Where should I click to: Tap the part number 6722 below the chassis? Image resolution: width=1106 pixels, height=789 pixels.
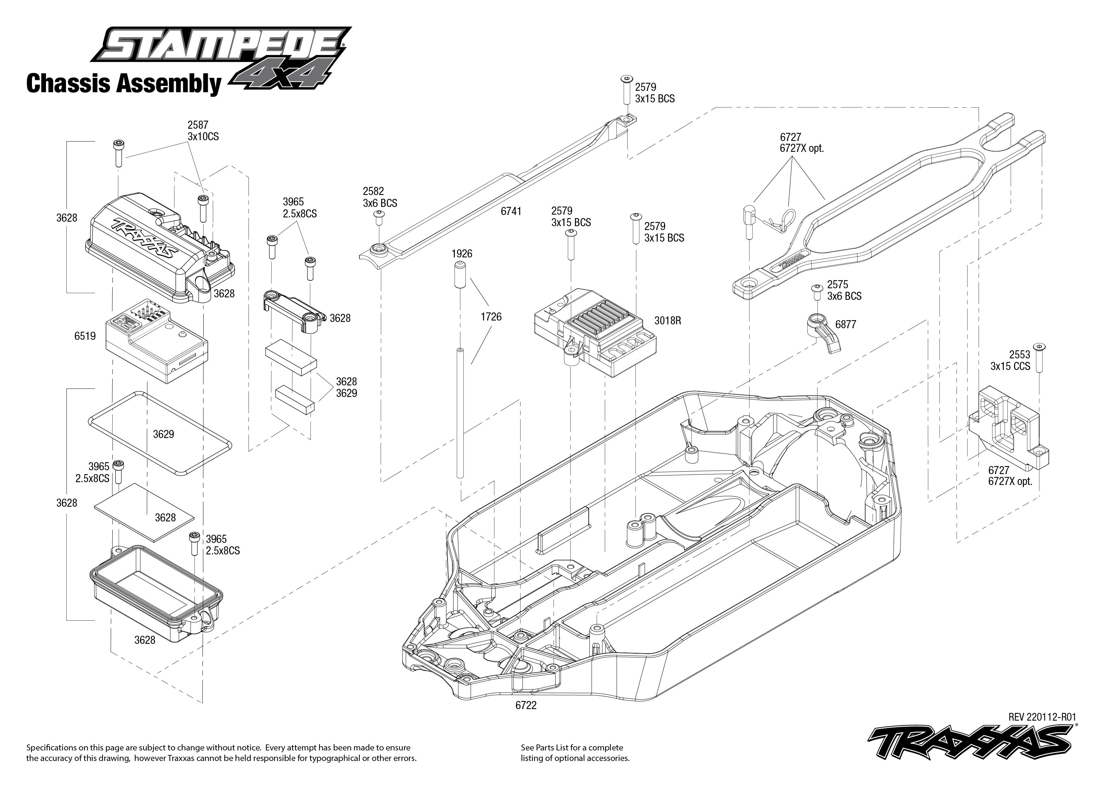(526, 705)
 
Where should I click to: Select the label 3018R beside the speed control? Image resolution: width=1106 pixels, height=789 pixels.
(668, 321)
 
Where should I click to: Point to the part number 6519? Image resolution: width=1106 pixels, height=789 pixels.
(85, 336)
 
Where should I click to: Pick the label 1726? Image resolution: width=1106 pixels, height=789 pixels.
(491, 317)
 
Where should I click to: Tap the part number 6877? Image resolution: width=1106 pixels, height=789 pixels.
(846, 324)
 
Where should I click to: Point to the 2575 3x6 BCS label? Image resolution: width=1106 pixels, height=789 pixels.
(844, 290)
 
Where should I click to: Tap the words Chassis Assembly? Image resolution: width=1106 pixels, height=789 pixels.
(124, 83)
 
